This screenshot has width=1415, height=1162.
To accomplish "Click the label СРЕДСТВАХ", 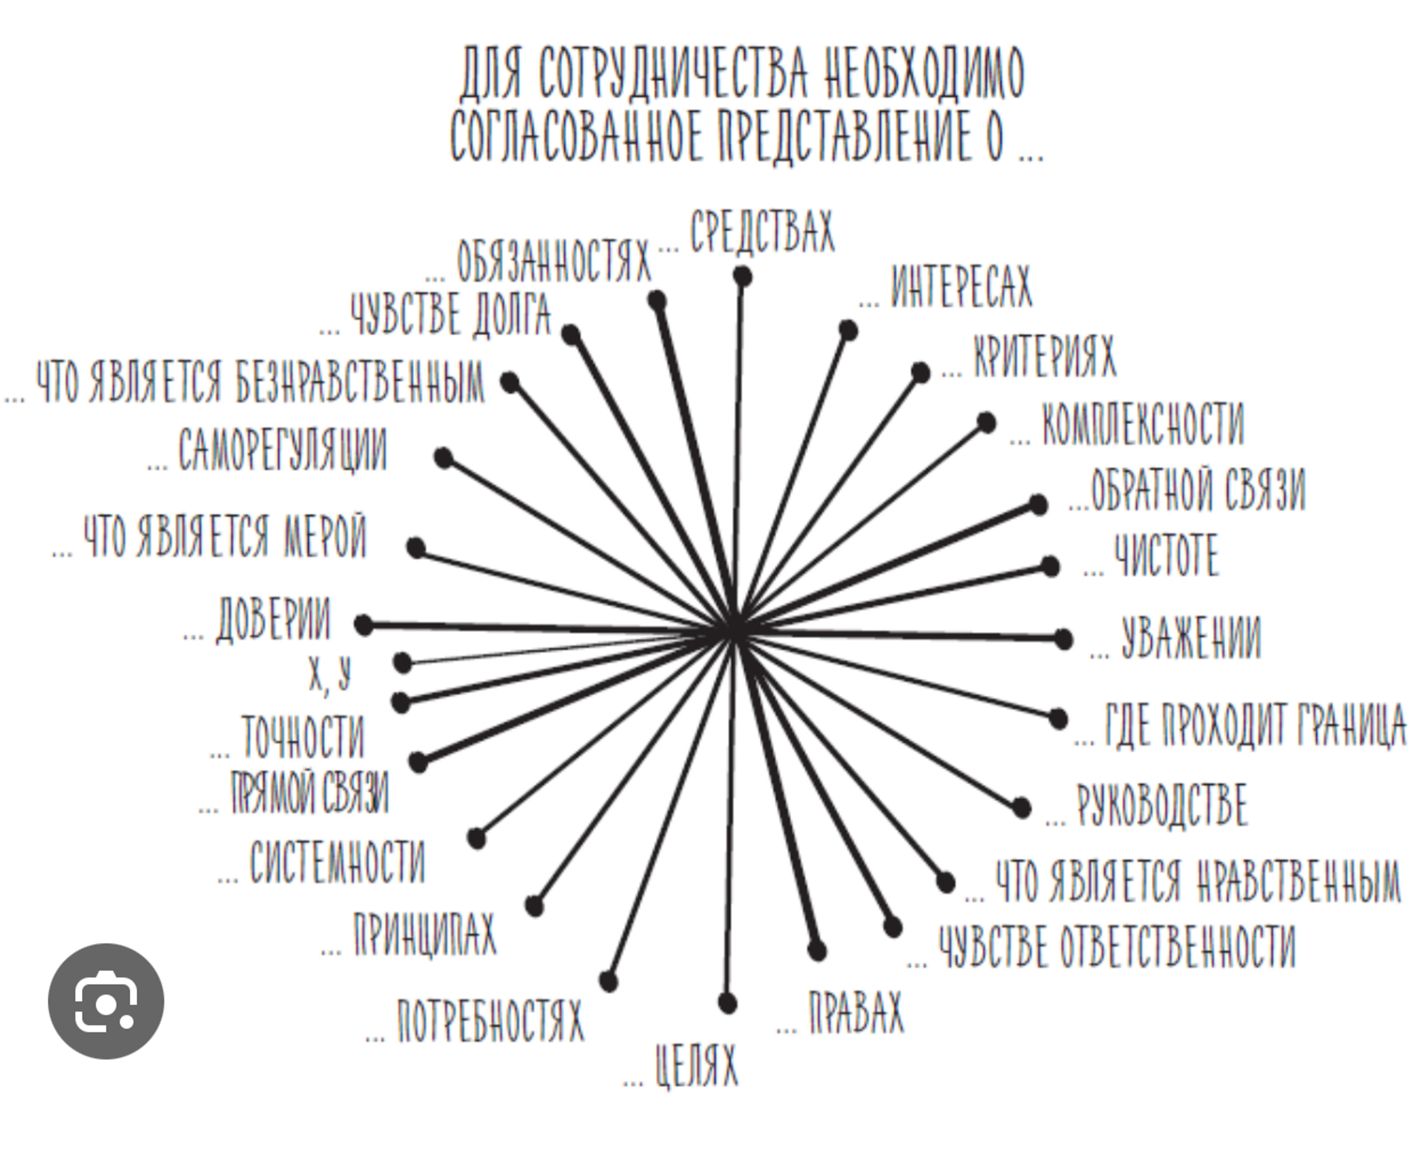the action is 762,232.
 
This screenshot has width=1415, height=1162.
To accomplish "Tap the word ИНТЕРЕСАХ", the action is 962,287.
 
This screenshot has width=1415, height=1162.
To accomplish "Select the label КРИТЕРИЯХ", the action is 1045,356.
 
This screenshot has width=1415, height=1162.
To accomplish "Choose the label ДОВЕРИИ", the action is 273,620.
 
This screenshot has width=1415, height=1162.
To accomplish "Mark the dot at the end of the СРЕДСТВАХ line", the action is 742,276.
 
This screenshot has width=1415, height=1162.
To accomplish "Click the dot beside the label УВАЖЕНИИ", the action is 1063,639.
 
